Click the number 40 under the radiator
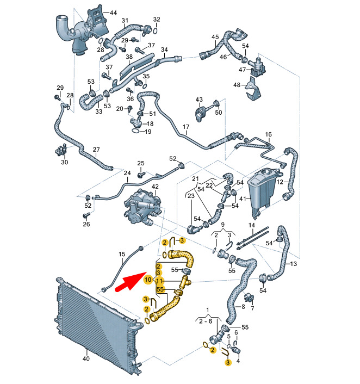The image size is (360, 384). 85,359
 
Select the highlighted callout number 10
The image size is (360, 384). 148,280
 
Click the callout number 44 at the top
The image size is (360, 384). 113,12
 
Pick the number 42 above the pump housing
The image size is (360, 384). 155,187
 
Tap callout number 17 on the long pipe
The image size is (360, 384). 185,129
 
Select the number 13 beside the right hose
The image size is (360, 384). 294,264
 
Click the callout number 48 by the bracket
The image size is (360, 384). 237,85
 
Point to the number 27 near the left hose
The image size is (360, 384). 96,150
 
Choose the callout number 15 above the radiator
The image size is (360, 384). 122,254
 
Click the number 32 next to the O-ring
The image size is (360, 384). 157,20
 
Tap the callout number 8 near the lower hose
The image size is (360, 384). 243,307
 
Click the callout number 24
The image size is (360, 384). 127,174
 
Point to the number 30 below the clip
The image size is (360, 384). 65,162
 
